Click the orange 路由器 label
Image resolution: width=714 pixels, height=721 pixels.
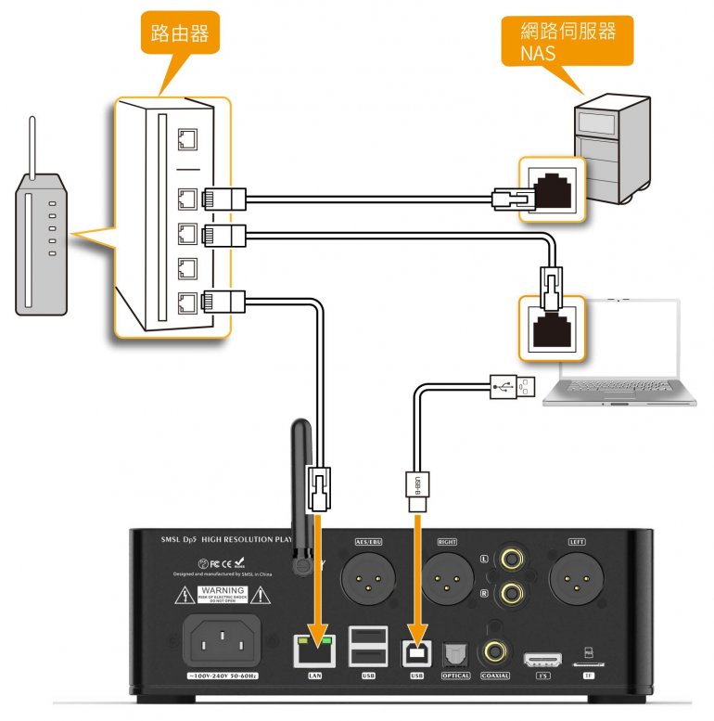pos(178,36)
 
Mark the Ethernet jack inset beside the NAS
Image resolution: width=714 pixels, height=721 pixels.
pos(551,188)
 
